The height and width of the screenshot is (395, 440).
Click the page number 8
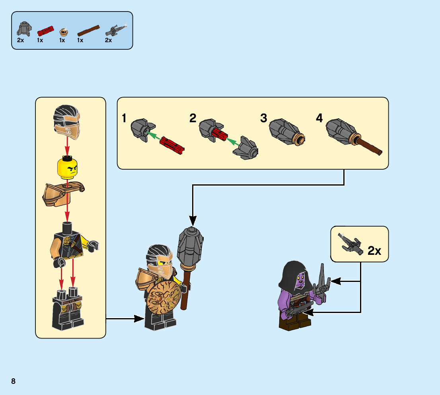click(x=14, y=381)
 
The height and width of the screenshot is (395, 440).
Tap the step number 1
click(x=124, y=118)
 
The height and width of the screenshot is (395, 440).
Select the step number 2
click(x=193, y=118)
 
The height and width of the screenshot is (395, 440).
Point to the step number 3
click(x=264, y=118)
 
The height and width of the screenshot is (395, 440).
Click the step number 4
click(x=319, y=118)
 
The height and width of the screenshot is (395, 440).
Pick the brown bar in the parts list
click(x=88, y=31)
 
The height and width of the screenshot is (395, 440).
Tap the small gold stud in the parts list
click(x=63, y=31)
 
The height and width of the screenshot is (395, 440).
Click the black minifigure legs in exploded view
click(x=67, y=311)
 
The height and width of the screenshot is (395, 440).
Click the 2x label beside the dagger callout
click(x=374, y=251)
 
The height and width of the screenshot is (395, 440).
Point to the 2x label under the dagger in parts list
click(x=108, y=40)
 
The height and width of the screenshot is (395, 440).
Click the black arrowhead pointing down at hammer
click(x=193, y=220)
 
